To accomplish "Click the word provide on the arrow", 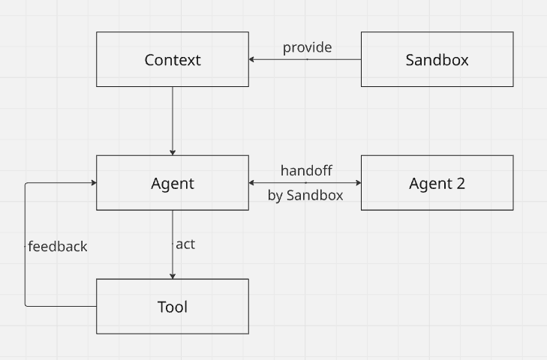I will [307, 48].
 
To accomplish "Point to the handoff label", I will [306, 171].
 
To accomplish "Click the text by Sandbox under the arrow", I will [305, 196].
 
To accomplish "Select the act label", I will [185, 244].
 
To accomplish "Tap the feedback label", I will [58, 246].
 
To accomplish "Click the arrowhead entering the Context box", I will [252, 59].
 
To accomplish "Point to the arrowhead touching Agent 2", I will [358, 183].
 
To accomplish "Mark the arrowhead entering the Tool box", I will [173, 275].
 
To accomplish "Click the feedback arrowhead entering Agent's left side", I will [93, 183].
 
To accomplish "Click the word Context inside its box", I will [173, 60].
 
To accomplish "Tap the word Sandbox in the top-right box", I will [437, 60].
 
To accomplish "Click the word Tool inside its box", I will [173, 307].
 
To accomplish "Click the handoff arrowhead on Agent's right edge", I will [252, 183].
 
